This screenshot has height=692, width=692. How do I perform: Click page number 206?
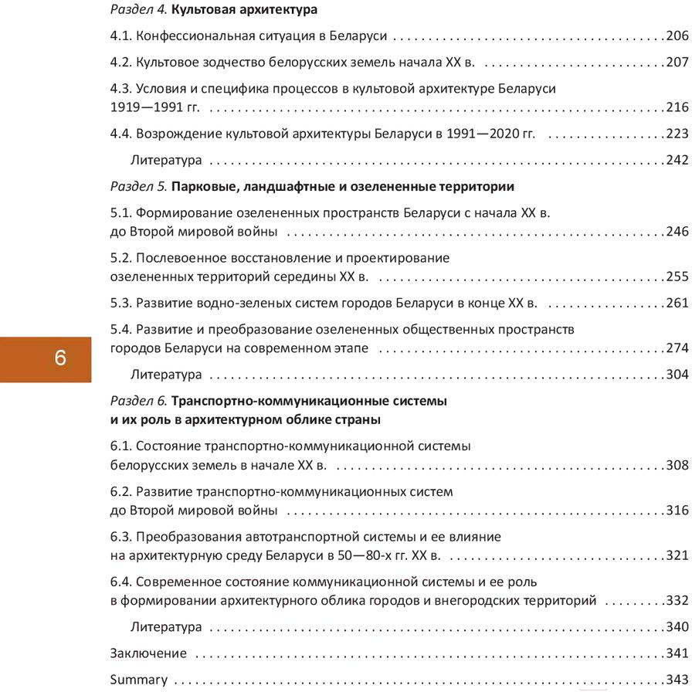click(x=677, y=36)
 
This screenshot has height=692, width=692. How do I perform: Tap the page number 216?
click(x=677, y=107)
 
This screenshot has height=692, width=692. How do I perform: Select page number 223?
click(x=677, y=134)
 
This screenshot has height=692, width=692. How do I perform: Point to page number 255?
click(x=677, y=276)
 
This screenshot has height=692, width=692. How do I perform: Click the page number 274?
click(x=677, y=348)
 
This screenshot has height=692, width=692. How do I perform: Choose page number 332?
click(x=677, y=600)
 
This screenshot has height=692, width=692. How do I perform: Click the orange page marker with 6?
click(x=60, y=359)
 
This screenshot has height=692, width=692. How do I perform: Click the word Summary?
click(x=139, y=680)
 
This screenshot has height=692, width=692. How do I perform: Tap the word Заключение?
click(x=148, y=653)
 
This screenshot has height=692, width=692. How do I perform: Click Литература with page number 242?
click(x=166, y=161)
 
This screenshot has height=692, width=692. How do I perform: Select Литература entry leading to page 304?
click(x=166, y=375)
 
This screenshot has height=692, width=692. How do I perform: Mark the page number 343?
click(x=677, y=680)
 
